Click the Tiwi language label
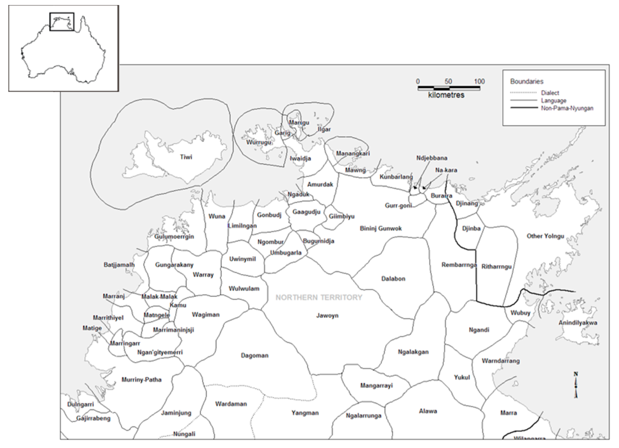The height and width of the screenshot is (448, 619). [186, 157]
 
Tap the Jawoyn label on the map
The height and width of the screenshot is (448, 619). [327, 316]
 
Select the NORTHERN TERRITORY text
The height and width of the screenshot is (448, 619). [319, 297]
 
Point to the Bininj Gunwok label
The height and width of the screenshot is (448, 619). [380, 229]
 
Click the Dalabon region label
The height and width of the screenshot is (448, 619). [393, 279]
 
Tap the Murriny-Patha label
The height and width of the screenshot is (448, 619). [141, 380]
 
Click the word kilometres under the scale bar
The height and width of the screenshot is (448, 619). [446, 95]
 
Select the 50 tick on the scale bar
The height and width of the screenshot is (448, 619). [448, 81]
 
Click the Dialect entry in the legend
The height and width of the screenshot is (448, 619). [550, 93]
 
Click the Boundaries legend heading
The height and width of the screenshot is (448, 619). [526, 81]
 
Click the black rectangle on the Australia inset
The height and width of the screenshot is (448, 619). [62, 21]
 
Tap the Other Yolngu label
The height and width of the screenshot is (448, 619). [545, 236]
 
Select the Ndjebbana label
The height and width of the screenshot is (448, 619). [431, 158]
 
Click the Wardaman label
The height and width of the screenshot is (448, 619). [231, 404]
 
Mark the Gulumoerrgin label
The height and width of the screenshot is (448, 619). [174, 237]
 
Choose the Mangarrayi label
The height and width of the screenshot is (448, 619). [376, 386]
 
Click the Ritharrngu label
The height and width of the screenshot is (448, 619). [496, 267]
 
